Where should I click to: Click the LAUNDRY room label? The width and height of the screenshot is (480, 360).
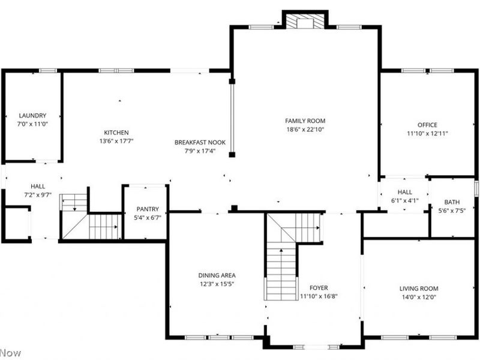32,115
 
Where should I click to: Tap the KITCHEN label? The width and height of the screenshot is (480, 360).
116,133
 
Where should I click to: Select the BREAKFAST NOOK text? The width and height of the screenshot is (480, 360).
200,142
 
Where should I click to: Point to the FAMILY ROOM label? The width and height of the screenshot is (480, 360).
305,121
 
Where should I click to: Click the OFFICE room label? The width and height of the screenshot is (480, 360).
427,125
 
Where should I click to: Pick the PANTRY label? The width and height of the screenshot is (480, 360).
148,209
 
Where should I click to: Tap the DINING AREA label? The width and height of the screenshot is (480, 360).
217,275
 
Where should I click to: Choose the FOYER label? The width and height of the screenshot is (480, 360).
319,288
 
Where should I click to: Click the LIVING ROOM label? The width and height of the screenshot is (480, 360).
419,289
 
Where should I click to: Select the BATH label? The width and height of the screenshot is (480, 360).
452,202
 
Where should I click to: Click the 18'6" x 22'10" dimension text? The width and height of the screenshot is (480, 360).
305,130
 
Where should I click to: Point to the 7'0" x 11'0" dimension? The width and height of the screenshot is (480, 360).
32,124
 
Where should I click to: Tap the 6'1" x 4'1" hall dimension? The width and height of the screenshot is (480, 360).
404,200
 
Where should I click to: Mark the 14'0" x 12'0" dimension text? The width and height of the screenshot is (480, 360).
419,297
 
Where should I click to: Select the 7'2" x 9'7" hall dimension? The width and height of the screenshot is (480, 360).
38,194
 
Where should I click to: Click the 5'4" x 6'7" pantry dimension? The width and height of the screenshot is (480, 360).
148,218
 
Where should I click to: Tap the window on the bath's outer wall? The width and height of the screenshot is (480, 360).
476,188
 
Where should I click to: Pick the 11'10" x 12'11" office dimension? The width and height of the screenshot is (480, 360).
427,133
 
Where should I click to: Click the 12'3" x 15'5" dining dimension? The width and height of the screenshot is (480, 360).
217,284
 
